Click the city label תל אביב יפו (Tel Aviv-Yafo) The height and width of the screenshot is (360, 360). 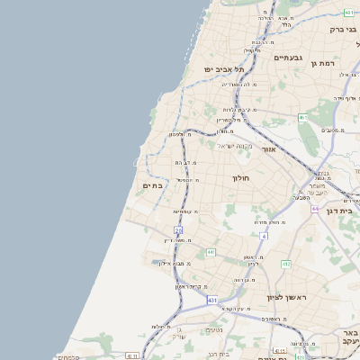pyautogui.click(x=209, y=68)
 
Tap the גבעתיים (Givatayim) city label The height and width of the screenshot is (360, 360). pyautogui.click(x=262, y=57)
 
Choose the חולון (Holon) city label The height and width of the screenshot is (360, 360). pyautogui.click(x=243, y=178)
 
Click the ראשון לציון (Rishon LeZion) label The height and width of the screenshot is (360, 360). pyautogui.click(x=287, y=296)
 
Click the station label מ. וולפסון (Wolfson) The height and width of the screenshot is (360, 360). pyautogui.click(x=182, y=135)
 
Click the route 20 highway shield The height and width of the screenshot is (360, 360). pyautogui.click(x=178, y=231)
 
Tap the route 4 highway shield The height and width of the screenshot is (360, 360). pyautogui.click(x=264, y=235)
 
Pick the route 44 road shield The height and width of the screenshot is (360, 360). pyautogui.click(x=316, y=208)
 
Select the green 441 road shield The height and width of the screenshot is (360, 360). pyautogui.click(x=210, y=253)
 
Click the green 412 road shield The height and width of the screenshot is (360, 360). pyautogui.click(x=285, y=264)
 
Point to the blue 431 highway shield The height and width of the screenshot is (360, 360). pyautogui.click(x=211, y=299)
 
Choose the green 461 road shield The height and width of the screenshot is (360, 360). pyautogui.click(x=303, y=118)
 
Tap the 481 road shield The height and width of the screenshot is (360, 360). pyautogui.click(x=348, y=13)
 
